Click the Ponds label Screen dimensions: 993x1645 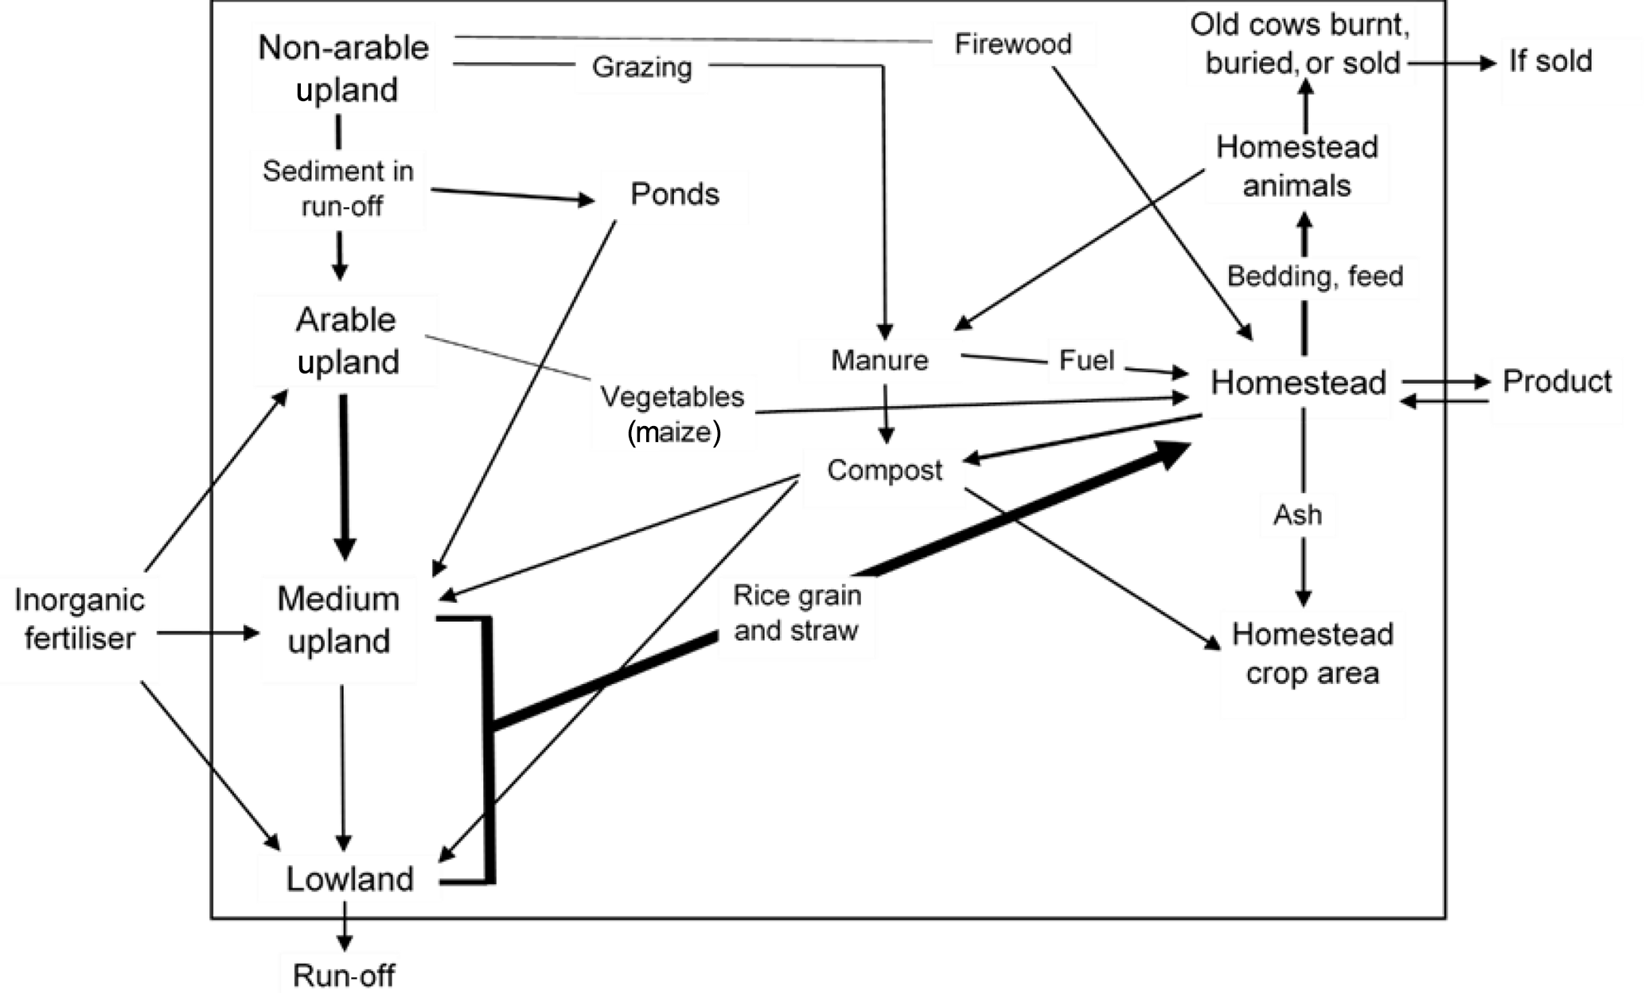[x=675, y=194]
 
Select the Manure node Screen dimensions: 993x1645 [x=879, y=361]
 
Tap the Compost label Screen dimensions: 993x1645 [x=884, y=471]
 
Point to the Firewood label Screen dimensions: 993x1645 [x=1013, y=44]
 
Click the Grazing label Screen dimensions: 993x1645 [x=641, y=68]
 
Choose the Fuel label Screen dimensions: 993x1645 [x=1086, y=361]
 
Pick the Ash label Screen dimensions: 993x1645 [x=1297, y=515]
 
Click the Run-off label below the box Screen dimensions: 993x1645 [x=344, y=975]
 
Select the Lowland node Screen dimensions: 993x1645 [x=349, y=879]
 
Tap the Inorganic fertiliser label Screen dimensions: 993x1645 [x=80, y=619]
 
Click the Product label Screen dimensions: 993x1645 [x=1557, y=382]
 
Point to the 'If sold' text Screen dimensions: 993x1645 [x=1550, y=61]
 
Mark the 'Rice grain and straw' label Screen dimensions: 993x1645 [x=797, y=612]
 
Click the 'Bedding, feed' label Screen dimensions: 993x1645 [x=1315, y=276]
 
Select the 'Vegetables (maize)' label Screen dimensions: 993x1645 [x=672, y=414]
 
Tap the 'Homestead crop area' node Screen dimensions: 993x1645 [x=1312, y=654]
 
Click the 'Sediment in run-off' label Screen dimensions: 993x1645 [x=338, y=189]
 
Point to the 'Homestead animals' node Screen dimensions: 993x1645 [x=1297, y=166]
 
